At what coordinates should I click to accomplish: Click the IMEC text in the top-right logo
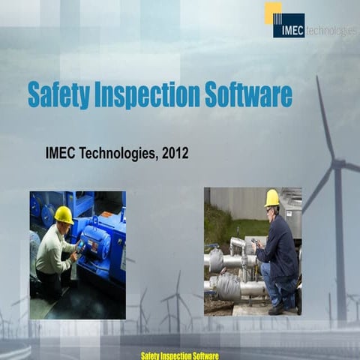289,31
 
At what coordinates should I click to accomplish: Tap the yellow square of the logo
272,10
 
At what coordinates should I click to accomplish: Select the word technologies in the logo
331,31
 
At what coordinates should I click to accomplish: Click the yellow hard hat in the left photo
64,214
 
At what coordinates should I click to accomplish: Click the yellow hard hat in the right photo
271,197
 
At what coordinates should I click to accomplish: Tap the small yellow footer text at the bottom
179,353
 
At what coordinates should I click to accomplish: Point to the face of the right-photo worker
269,209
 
